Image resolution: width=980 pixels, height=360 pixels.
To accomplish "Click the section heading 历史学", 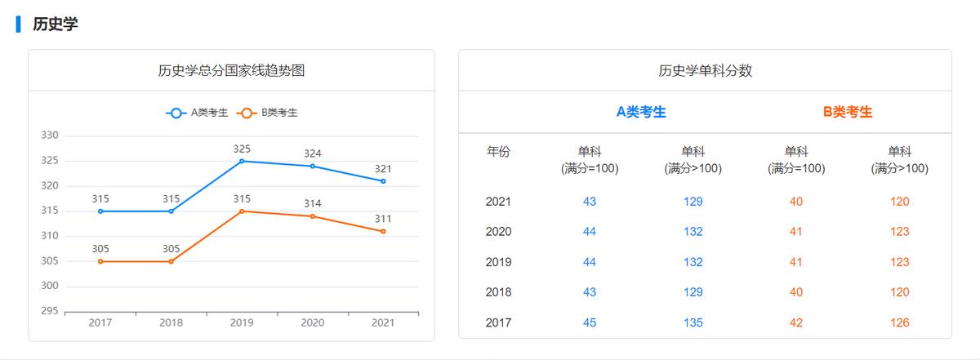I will (x=55, y=24).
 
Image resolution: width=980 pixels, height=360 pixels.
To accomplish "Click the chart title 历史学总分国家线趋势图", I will (x=231, y=70).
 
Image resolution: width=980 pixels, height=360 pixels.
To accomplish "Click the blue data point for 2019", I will (x=242, y=161).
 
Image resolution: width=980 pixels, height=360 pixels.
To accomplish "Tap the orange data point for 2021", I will (x=383, y=231).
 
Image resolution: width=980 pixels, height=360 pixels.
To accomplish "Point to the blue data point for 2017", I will (x=100, y=211).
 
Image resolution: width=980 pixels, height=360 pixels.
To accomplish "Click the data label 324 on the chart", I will (x=312, y=153).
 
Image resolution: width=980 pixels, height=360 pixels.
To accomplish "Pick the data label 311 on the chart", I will (x=383, y=219).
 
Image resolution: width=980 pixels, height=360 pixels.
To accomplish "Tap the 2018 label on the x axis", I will (x=171, y=322).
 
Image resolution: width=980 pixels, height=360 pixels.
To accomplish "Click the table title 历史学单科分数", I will (x=705, y=70).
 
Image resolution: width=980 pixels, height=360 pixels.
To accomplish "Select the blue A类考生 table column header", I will (x=641, y=112).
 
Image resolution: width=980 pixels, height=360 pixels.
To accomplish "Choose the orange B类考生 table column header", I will (x=848, y=112).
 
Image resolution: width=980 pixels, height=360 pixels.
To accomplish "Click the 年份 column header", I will (x=498, y=151).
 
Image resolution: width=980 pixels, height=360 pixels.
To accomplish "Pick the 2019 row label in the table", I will (x=498, y=262).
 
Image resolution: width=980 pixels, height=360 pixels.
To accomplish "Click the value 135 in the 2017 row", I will (x=693, y=322).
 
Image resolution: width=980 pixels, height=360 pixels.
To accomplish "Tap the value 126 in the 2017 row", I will (x=900, y=322).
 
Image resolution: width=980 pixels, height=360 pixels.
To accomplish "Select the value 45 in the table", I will (x=590, y=322).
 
